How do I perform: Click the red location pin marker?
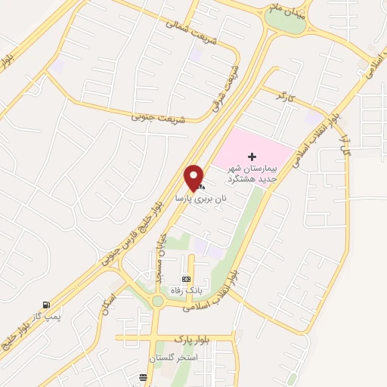[194, 178]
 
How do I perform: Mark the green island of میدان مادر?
[286, 23]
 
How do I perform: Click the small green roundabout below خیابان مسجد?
[158, 302]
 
